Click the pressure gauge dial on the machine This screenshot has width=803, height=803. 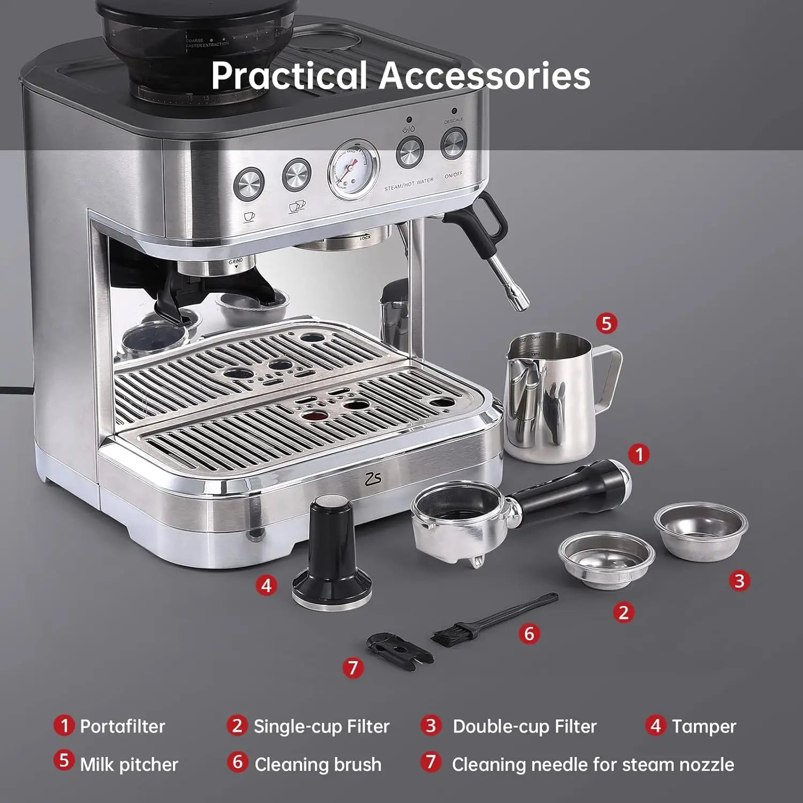353,169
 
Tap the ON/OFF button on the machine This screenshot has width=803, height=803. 453,143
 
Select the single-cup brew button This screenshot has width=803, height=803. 249,184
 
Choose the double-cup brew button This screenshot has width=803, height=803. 297,174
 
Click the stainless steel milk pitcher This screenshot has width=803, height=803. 551,396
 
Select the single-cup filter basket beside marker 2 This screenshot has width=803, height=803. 607,559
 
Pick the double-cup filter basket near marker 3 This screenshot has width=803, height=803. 700,527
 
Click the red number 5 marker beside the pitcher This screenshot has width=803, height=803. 606,323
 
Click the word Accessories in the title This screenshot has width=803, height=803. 484,75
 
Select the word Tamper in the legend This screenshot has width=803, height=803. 703,726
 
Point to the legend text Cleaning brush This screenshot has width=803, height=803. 318,764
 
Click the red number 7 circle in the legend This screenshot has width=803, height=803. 430,762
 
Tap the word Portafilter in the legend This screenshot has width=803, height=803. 122,726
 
